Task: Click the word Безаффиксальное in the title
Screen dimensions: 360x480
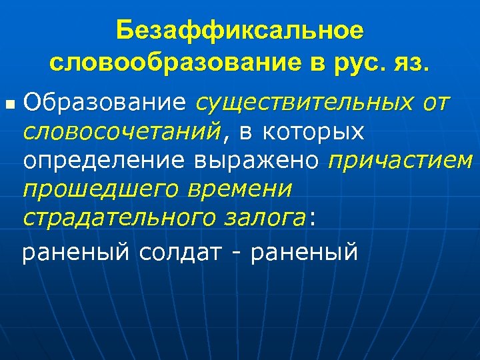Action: tap(240, 31)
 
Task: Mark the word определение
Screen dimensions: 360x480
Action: tap(105, 161)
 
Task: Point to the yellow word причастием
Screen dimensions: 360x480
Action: tap(400, 161)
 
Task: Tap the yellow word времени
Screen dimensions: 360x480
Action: tap(240, 189)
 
